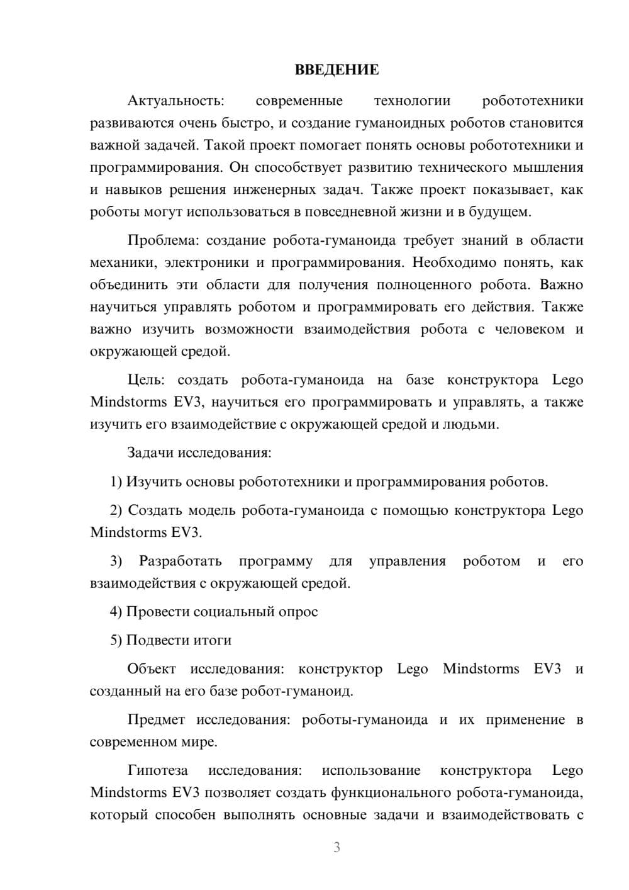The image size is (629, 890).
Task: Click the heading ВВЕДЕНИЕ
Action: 337,70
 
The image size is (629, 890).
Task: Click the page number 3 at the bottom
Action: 337,848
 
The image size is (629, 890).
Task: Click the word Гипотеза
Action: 157,770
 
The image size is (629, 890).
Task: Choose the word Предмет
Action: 156,719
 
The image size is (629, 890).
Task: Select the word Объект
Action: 152,668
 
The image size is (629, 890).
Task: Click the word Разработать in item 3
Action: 181,561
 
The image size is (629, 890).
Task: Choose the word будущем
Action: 501,212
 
